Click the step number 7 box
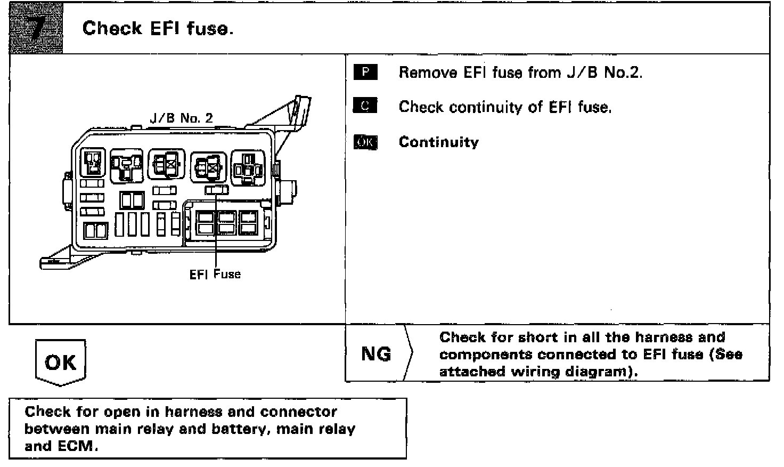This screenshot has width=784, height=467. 36,28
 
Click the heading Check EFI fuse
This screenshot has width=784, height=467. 158,28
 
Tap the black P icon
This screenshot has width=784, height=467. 365,72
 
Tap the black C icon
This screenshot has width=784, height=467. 365,107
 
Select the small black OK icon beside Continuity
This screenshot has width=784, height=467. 365,142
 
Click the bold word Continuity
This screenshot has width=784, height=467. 438,142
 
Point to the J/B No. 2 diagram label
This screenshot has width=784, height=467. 181,118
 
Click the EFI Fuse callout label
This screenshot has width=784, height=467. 215,275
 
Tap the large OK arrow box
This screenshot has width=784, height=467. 61,363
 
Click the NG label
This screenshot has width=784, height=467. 376,354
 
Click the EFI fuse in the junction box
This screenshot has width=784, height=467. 217,189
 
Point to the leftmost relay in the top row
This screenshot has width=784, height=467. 93,163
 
